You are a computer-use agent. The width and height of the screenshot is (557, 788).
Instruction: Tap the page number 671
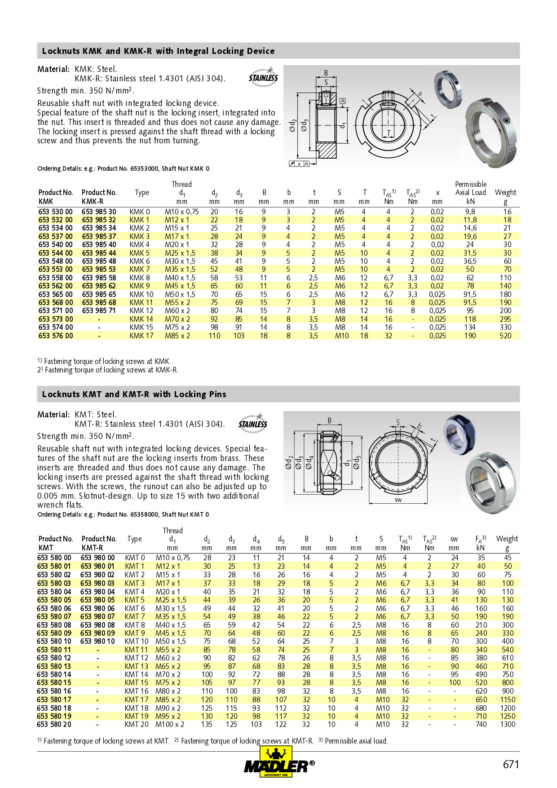click(x=511, y=765)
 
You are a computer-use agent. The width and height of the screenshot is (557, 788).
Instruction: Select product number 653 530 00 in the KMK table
click(x=55, y=212)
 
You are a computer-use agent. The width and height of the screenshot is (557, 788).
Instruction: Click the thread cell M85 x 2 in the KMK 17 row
click(x=177, y=336)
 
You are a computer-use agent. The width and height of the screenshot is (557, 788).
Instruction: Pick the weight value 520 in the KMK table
click(x=505, y=336)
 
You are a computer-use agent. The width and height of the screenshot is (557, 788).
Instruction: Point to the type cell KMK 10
click(x=141, y=294)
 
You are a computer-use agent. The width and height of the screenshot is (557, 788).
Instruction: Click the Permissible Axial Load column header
click(x=470, y=192)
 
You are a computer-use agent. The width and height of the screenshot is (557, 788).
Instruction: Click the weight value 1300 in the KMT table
click(x=508, y=724)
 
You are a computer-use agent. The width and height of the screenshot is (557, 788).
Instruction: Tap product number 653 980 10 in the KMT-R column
click(x=97, y=641)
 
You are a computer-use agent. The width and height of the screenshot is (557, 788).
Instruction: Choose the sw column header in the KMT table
click(x=454, y=539)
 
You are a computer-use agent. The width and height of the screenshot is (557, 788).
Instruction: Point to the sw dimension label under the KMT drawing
click(x=398, y=500)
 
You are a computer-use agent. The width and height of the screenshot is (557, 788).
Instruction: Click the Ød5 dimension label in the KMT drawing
click(x=357, y=462)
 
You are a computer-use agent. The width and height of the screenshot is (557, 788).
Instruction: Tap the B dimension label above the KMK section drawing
click(x=326, y=73)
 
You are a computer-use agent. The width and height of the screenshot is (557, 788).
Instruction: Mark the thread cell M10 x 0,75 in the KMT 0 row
click(x=172, y=558)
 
